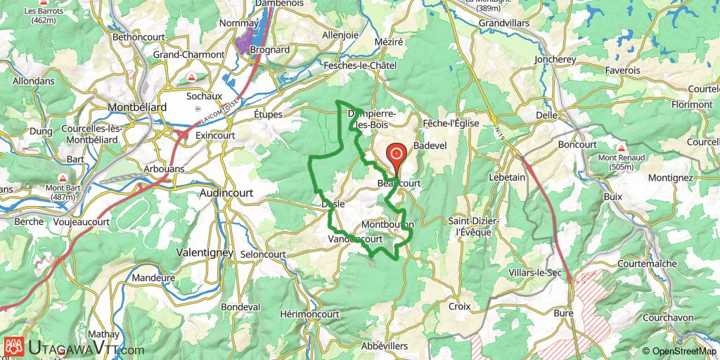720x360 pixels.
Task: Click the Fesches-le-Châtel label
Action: pyautogui.click(x=361, y=65)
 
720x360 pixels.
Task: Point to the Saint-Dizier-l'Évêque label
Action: pyautogui.click(x=473, y=226)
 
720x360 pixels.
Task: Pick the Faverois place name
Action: pyautogui.click(x=622, y=70)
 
